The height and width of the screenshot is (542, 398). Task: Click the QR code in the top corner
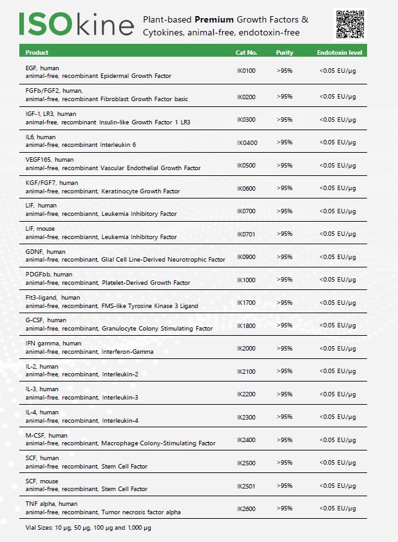click(x=350, y=23)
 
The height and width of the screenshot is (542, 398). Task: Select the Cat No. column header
click(x=247, y=52)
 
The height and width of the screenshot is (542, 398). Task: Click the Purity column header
click(x=285, y=52)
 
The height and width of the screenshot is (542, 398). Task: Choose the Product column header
click(x=37, y=52)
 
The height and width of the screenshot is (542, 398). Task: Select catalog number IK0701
click(x=247, y=234)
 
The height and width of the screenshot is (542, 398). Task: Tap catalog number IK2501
click(x=247, y=486)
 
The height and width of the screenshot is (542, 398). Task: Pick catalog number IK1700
click(x=247, y=302)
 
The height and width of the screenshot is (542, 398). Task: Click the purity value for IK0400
click(x=285, y=142)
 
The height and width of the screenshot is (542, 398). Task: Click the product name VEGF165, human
click(x=50, y=159)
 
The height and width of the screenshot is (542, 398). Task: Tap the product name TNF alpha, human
click(x=52, y=503)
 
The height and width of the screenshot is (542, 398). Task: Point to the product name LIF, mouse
click(x=41, y=228)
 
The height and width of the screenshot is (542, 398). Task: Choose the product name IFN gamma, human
click(x=53, y=343)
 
